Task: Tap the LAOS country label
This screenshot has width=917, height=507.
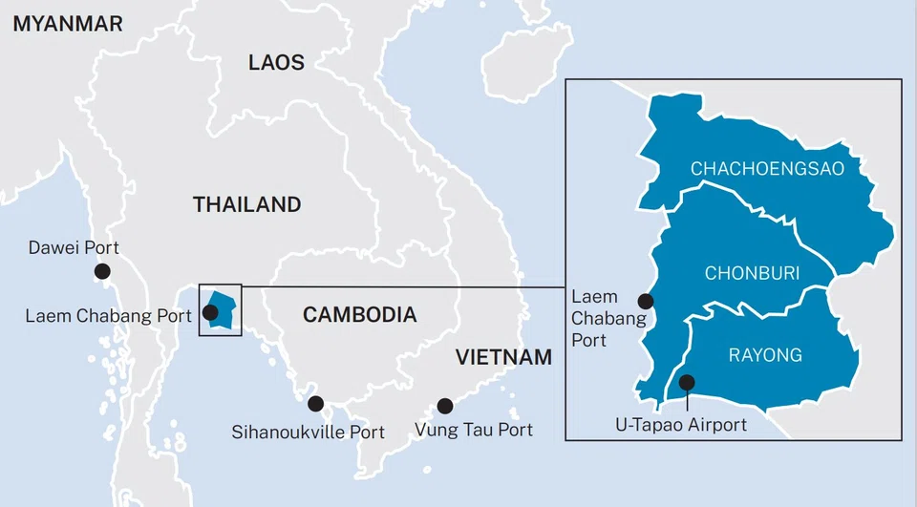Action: click(x=276, y=63)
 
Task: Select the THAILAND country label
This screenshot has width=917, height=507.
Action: click(x=246, y=204)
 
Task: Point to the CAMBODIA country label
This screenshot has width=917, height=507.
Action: click(x=359, y=315)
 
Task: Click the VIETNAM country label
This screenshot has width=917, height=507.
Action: click(x=503, y=358)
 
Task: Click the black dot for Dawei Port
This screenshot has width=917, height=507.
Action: click(x=102, y=272)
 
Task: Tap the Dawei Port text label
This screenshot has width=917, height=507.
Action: click(x=75, y=248)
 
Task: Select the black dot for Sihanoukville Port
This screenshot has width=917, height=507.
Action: click(x=315, y=403)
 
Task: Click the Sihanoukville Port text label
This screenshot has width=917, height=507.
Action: click(x=309, y=433)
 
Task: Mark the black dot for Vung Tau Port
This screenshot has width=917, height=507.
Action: click(x=444, y=405)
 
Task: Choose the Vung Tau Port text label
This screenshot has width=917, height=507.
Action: click(x=474, y=431)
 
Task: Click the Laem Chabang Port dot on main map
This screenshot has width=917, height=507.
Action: click(x=210, y=312)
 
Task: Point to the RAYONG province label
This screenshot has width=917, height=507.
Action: click(x=765, y=355)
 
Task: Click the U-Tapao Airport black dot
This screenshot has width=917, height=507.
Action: click(x=686, y=383)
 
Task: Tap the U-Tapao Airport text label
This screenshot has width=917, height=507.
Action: click(x=680, y=425)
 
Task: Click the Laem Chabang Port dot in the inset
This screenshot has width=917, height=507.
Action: click(x=645, y=301)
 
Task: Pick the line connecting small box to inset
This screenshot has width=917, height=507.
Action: click(x=401, y=285)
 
